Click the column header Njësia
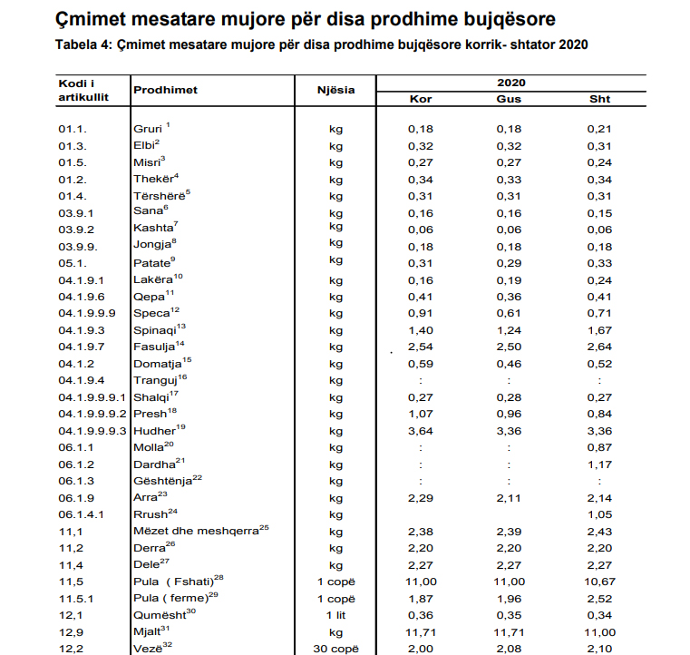pos(335,91)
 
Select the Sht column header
pos(600,99)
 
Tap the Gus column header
pos(509,99)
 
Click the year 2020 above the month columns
pos(511,83)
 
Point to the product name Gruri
pos(148,130)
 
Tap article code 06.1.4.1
pos(81,514)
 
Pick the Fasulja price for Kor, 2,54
pos(421,347)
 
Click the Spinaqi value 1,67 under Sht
pos(600,330)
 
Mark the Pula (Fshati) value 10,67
pos(600,581)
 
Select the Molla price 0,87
pos(600,447)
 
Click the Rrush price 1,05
pos(600,514)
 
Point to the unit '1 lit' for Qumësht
pos(335,614)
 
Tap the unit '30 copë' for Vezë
pos(335,648)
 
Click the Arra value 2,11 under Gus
pos(509,498)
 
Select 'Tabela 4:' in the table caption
pos(83,45)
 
